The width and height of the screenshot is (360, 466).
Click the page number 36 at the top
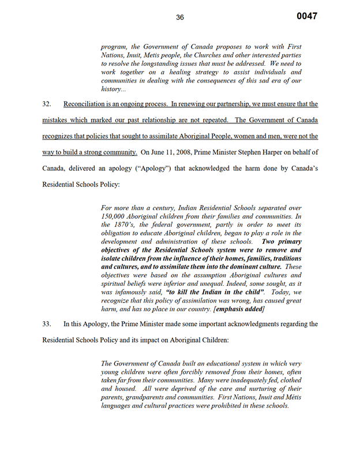180,17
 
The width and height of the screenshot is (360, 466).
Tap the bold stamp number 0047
307,16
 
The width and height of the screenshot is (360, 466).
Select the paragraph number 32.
47,104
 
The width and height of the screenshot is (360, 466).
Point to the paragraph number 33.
47,324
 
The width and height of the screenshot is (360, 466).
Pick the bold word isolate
114,259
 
